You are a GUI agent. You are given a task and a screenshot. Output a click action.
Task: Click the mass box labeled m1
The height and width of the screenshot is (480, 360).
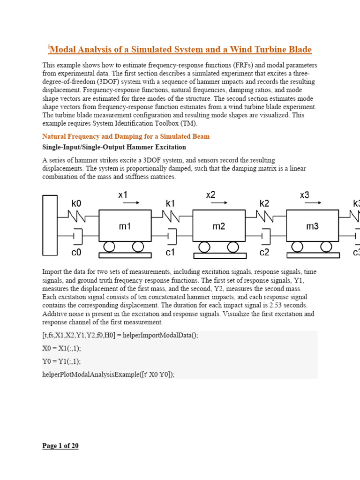tap(125, 226)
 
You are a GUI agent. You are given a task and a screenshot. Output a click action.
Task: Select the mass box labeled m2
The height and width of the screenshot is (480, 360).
tap(219, 226)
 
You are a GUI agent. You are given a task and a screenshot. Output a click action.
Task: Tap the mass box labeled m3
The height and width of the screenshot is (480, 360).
tap(312, 226)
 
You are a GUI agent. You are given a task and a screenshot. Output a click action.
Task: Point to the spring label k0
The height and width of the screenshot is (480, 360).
tap(76, 204)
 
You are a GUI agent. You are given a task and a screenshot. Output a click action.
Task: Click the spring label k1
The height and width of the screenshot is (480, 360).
tap(170, 204)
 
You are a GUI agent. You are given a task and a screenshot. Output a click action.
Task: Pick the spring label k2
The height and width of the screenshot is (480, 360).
tap(264, 204)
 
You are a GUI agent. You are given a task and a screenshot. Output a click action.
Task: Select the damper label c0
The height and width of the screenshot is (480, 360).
tap(76, 252)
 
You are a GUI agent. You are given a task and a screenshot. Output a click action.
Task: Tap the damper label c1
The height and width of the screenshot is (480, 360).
tap(170, 252)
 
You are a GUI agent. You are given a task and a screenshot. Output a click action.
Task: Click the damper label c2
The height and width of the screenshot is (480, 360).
tap(264, 252)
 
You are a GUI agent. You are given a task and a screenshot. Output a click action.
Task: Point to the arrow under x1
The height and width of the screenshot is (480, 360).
tap(131, 202)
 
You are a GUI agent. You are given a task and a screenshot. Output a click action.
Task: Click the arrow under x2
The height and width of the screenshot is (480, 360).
tap(219, 202)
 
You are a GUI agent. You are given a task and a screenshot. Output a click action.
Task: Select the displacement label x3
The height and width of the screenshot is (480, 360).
tap(305, 195)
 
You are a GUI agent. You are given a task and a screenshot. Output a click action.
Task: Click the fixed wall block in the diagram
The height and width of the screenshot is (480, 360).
tap(50, 225)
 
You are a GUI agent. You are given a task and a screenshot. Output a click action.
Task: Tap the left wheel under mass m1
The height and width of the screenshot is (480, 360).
tap(111, 246)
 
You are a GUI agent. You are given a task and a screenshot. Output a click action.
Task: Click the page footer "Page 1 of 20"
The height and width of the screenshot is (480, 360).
tap(60, 446)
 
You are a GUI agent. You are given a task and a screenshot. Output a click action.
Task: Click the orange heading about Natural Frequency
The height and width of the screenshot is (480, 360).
tap(126, 136)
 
